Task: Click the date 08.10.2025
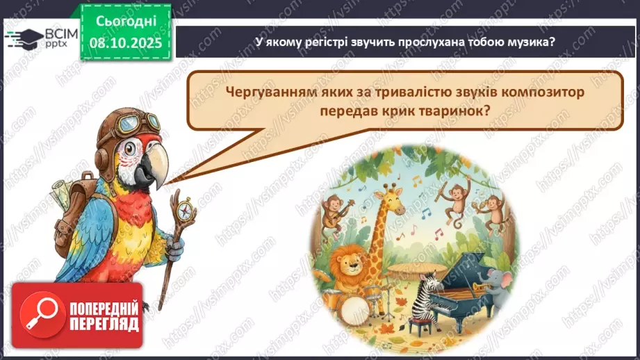point(125,42)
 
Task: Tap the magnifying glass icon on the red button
point(35,316)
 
